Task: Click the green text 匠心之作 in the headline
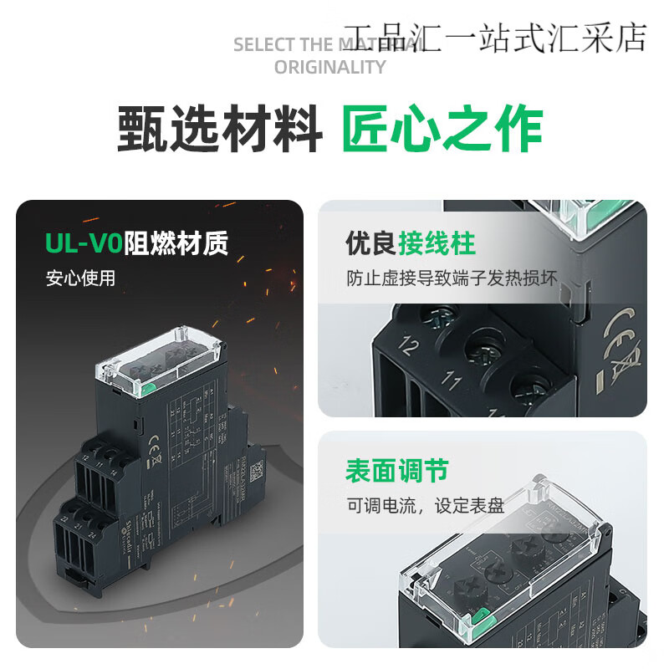(x=442, y=130)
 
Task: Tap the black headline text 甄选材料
(x=220, y=130)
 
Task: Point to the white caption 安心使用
(x=80, y=278)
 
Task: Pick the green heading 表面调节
(x=397, y=470)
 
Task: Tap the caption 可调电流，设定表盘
(x=426, y=505)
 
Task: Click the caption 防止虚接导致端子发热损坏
(x=452, y=278)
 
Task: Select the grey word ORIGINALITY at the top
(x=330, y=67)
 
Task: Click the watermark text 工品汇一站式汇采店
(x=496, y=37)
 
